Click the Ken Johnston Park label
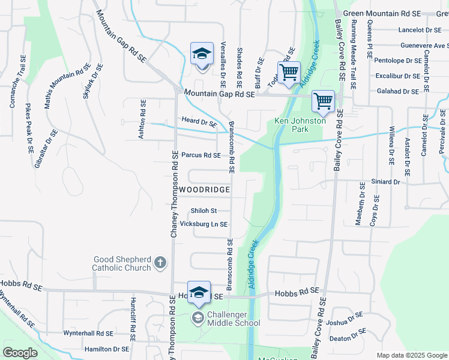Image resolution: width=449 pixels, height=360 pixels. pyautogui.click(x=291, y=124)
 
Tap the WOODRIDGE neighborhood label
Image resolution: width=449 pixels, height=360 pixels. pyautogui.click(x=205, y=190)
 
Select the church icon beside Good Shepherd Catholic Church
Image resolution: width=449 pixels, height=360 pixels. pyautogui.click(x=160, y=262)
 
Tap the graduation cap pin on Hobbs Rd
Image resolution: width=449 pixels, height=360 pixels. pyautogui.click(x=199, y=292)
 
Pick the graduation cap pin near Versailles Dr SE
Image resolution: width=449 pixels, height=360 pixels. pyautogui.click(x=202, y=54)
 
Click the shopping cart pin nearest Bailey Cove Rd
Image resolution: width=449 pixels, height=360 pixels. pyautogui.click(x=323, y=101)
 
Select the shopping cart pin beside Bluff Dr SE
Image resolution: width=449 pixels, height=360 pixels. pyautogui.click(x=289, y=72)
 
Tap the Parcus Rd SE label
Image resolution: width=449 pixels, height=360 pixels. pyautogui.click(x=201, y=155)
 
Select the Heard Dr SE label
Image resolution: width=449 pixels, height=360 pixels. pyautogui.click(x=199, y=122)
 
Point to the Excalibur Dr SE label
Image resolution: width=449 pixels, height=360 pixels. pyautogui.click(x=397, y=76)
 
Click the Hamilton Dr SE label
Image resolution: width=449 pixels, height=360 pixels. pyautogui.click(x=107, y=349)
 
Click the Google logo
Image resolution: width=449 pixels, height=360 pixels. pyautogui.click(x=20, y=353)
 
